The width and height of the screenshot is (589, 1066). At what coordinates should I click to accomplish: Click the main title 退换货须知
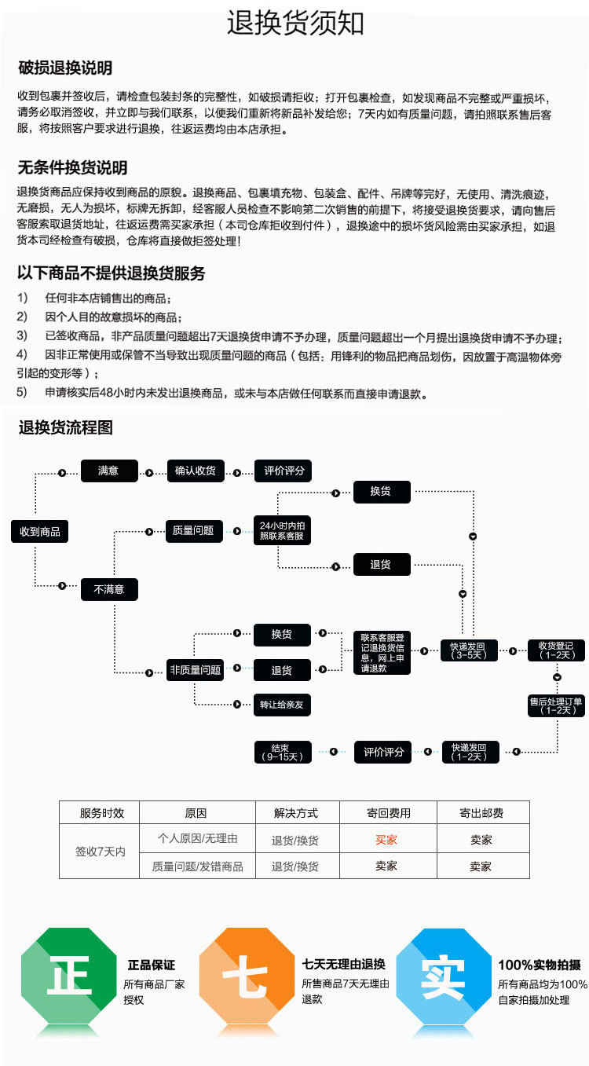point(295,24)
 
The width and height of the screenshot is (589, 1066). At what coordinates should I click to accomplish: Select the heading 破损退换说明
point(65,68)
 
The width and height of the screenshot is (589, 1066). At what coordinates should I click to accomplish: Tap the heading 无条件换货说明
point(72,167)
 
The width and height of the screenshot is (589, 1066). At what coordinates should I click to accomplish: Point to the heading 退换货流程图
point(66,428)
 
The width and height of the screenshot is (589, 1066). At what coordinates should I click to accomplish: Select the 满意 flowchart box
point(108,471)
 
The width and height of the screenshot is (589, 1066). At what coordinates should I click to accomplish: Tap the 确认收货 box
point(196,471)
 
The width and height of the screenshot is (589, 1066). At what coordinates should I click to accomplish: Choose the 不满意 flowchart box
point(109,588)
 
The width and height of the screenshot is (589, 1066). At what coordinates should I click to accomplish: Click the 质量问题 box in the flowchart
point(193,531)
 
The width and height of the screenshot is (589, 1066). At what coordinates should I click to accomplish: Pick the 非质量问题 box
point(196,670)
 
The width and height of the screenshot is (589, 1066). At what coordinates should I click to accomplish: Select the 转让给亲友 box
point(282,705)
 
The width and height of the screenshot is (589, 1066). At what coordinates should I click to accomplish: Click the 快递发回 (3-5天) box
point(468,650)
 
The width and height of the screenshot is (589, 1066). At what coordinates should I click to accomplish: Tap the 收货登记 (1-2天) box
point(557,650)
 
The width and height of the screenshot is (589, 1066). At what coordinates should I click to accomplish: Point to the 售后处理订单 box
point(557,705)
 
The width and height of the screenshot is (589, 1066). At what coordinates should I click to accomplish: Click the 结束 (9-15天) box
point(282,752)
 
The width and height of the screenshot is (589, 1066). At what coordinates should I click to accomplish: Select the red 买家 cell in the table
point(386,840)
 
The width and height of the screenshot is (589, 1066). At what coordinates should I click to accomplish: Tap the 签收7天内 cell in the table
point(100,852)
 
